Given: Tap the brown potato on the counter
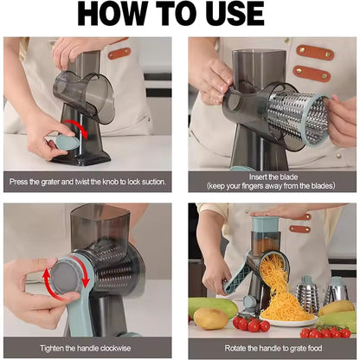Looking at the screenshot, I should [210, 319].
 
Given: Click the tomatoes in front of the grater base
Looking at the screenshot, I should [252, 324].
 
